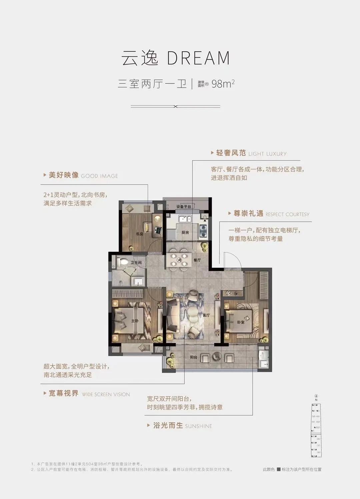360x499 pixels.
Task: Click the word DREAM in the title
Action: point(199,58)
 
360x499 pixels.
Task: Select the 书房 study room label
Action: point(139,234)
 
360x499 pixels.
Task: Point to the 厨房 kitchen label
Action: point(185,233)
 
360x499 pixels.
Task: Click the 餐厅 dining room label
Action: point(197,260)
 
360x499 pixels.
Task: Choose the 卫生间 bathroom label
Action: point(136,263)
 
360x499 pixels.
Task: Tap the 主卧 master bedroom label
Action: point(135,321)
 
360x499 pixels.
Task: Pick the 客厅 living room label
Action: point(206,315)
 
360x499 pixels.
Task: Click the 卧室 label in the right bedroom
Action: point(241,322)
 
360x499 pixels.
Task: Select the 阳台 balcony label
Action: point(194,357)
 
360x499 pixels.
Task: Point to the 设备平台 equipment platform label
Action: point(184,207)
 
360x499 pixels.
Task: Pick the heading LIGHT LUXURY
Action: point(267,154)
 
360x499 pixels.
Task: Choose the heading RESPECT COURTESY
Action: point(287,215)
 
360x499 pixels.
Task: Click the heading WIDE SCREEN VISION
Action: point(106,394)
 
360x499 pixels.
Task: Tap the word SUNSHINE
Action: point(198,426)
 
